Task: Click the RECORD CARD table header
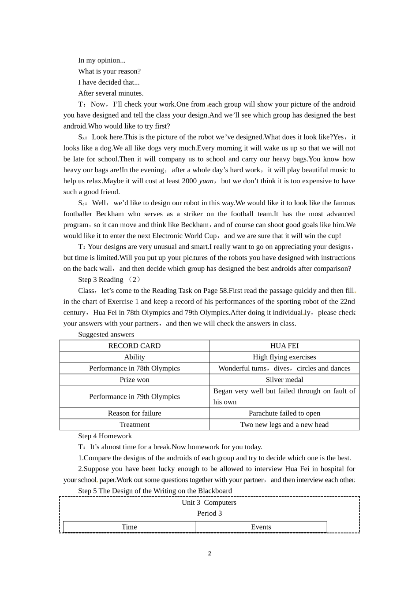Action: click(135, 346)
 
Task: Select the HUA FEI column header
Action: click(284, 346)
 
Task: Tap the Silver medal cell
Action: click(284, 380)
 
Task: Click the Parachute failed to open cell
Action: click(284, 413)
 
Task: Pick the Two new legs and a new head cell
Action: click(284, 425)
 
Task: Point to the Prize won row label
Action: click(135, 380)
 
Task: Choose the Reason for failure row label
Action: click(135, 413)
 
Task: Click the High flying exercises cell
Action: click(284, 357)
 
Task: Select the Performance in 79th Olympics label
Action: click(135, 396)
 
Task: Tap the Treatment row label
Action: click(135, 425)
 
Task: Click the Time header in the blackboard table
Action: click(129, 527)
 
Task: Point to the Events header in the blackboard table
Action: click(261, 527)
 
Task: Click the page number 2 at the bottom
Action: click(209, 554)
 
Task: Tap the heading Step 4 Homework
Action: click(105, 436)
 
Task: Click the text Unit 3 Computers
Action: click(209, 503)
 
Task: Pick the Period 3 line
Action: click(209, 514)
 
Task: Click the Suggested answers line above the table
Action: click(106, 335)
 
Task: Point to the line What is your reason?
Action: click(109, 71)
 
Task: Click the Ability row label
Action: click(135, 357)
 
